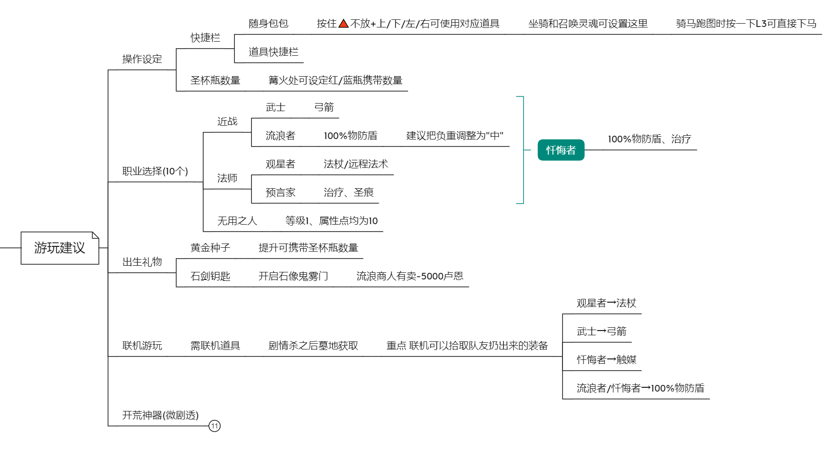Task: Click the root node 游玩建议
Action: [x=60, y=248]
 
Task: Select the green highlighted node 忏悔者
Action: [x=561, y=150]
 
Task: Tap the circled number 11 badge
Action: [x=214, y=426]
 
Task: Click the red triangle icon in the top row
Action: [x=344, y=23]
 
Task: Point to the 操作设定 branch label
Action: [x=142, y=59]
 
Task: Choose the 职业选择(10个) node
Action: [x=155, y=171]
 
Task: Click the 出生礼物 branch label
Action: [x=142, y=262]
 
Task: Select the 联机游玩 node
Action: [x=142, y=346]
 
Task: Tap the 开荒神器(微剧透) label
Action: [x=160, y=415]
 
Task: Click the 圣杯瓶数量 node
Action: [x=215, y=80]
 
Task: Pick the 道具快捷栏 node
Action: [x=274, y=52]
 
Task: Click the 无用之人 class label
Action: [x=237, y=221]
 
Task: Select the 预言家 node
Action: [x=281, y=192]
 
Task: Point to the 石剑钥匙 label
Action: [x=210, y=276]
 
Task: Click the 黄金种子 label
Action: [x=210, y=248]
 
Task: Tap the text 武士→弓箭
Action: [x=602, y=331]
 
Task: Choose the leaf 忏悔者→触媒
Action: [x=606, y=360]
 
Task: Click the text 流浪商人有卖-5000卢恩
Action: [x=410, y=276]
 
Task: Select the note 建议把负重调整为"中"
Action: [x=455, y=136]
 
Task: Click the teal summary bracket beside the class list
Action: [x=523, y=150]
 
